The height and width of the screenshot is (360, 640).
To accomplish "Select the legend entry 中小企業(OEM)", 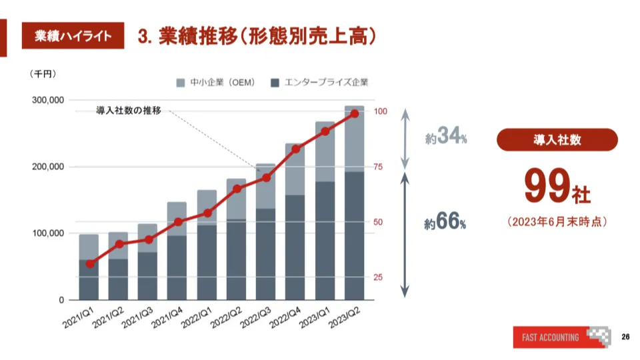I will click(215, 83).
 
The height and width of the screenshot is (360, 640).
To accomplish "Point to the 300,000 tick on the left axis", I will click(48, 100).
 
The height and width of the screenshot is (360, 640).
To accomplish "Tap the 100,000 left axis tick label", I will click(48, 233).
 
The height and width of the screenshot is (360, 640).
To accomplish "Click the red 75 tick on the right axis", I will click(378, 167).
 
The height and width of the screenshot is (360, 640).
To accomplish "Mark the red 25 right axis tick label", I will click(378, 277).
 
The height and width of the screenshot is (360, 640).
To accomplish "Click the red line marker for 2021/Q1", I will click(89, 264).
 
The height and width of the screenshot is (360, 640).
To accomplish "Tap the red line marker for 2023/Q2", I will click(354, 113).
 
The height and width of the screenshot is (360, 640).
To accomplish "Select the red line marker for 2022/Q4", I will click(295, 149).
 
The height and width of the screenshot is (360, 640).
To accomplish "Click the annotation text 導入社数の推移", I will click(129, 111).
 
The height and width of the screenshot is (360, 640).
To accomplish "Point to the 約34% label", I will click(445, 138).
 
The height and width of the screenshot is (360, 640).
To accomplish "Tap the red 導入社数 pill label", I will click(557, 140).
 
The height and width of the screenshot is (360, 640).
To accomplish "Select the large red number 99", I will click(547, 187).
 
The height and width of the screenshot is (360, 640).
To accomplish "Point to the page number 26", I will click(625, 336).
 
